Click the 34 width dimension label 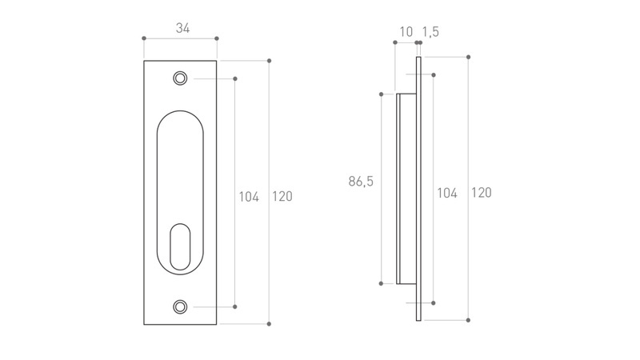click(x=183, y=28)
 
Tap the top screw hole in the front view click(x=180, y=78)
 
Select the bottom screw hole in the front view click(x=180, y=306)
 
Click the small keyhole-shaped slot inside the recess click(x=180, y=247)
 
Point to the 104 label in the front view click(x=249, y=197)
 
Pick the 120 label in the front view click(x=282, y=196)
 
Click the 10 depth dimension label click(x=406, y=31)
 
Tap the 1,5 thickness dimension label click(x=430, y=31)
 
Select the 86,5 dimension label click(x=361, y=182)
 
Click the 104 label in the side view click(x=447, y=193)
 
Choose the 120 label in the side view click(x=482, y=193)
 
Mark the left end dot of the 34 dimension click(x=144, y=38)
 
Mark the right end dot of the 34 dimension click(x=217, y=38)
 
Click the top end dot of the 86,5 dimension click(x=382, y=94)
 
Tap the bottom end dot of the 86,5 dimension click(x=382, y=283)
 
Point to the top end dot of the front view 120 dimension click(x=269, y=61)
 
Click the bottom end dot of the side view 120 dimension click(x=468, y=320)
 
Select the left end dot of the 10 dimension click(x=395, y=42)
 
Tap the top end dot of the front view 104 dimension click(x=234, y=78)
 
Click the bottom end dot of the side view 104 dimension click(x=434, y=303)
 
